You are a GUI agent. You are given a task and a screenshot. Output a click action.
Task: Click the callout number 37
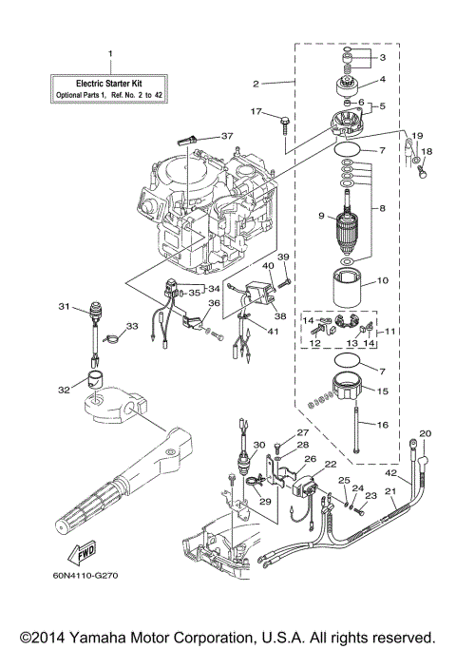pos(226,137)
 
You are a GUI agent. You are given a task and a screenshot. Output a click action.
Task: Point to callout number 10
pos(383,280)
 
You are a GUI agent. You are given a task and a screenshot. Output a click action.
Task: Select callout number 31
pos(64,307)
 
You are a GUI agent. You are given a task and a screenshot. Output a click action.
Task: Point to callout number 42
pos(389,471)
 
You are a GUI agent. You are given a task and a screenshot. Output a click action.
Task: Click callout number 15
pos(383,391)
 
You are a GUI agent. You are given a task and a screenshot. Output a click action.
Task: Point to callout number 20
pos(425,433)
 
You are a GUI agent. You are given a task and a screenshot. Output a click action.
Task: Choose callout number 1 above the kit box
pos(109,53)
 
